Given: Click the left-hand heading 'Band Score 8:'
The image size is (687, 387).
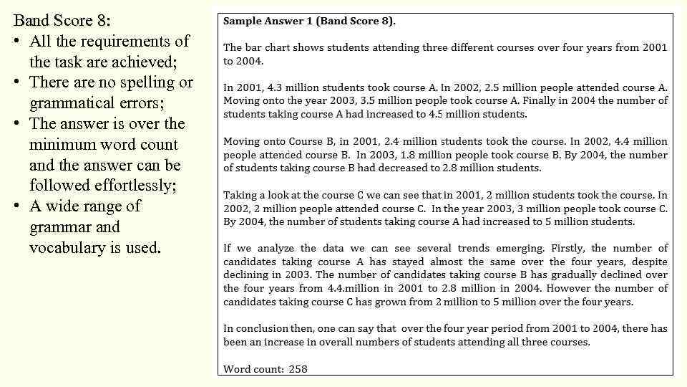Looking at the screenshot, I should pos(62,20).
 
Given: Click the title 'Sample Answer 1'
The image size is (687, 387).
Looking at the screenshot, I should pos(268,21).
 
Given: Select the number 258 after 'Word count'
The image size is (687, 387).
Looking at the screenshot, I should pos(298,369).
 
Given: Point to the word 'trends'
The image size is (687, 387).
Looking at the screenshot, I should pos(493,249).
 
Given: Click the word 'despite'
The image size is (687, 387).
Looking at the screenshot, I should pos(649,262).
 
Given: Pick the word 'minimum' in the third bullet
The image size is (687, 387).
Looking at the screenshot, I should pos(59,145).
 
